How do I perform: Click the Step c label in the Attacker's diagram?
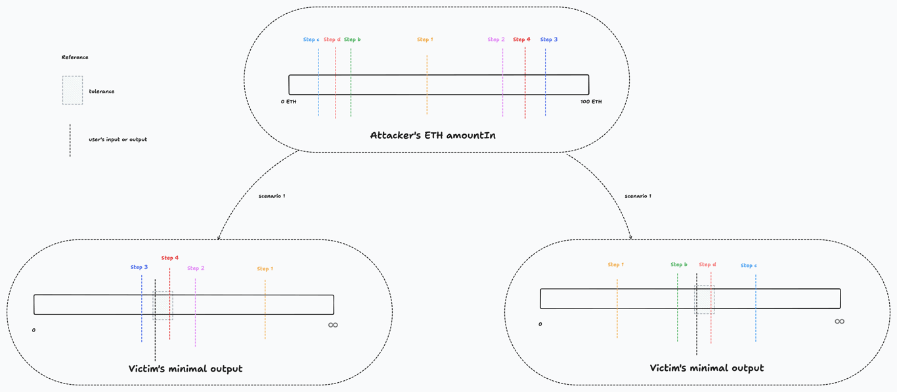point(311,39)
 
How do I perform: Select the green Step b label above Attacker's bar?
point(352,39)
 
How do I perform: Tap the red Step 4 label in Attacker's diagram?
point(521,39)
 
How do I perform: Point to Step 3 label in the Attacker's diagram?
point(549,39)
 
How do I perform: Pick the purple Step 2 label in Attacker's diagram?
point(496,39)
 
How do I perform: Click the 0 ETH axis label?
point(288,102)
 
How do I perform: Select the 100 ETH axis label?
point(591,102)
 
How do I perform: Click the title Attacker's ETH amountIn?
point(433,135)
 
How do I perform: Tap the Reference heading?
point(75,57)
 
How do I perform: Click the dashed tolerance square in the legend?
point(72,90)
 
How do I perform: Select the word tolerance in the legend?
point(102,91)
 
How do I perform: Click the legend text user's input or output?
point(118,139)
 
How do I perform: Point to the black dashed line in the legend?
point(70,140)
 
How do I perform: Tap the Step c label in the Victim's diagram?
point(749,266)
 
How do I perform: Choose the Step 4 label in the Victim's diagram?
point(170,258)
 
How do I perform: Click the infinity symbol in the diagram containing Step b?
point(839,322)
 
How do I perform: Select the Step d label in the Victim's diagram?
point(707,264)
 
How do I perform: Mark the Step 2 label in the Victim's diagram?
point(196,268)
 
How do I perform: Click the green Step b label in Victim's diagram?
point(679,264)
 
